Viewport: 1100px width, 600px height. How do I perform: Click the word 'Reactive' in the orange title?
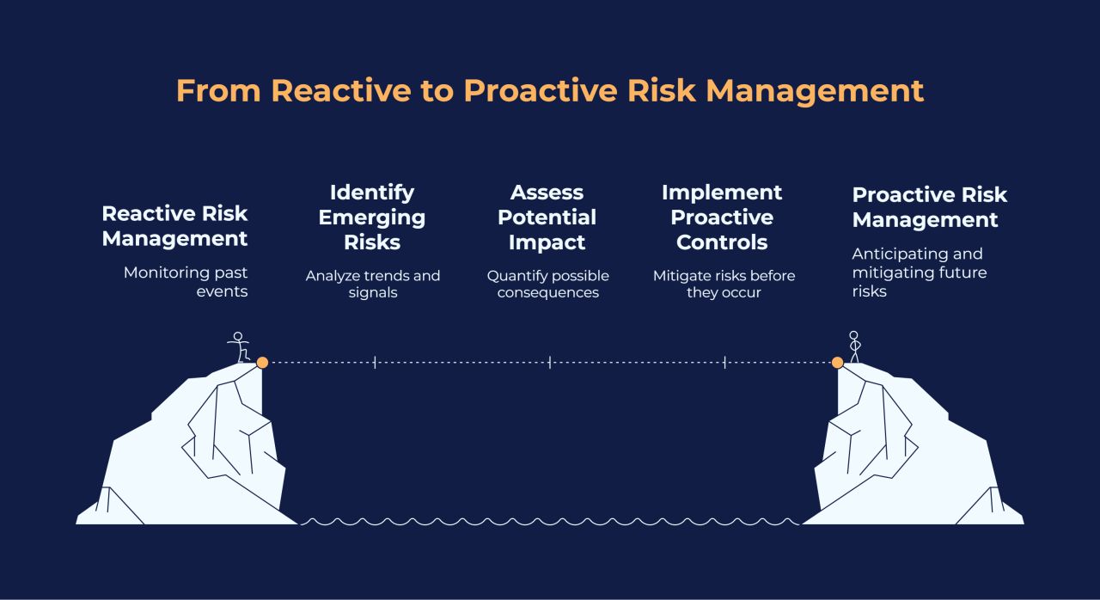(341, 91)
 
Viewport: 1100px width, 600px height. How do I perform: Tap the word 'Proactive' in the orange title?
(541, 91)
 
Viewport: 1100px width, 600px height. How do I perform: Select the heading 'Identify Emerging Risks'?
(372, 217)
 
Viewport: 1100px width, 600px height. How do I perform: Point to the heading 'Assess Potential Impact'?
(547, 217)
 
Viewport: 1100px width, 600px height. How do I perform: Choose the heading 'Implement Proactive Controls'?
(722, 217)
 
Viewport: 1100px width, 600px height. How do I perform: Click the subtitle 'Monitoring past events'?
(186, 282)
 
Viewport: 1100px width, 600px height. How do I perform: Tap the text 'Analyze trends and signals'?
(373, 284)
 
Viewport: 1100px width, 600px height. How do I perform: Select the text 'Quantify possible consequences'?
(548, 284)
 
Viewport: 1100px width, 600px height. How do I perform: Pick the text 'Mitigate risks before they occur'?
(724, 284)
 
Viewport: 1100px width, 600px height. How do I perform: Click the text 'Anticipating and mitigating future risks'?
(920, 272)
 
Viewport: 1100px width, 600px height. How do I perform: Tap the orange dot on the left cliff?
(262, 363)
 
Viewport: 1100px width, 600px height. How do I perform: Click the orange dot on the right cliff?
(837, 363)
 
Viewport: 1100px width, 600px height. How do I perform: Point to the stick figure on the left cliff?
(239, 347)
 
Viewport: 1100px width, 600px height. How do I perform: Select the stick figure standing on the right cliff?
(854, 346)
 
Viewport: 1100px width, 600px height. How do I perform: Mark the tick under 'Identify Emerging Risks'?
(375, 363)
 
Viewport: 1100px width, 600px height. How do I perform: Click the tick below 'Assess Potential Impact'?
(549, 363)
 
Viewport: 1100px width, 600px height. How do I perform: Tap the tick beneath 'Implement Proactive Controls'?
(724, 363)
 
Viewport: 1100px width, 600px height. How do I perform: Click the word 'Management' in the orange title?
(816, 92)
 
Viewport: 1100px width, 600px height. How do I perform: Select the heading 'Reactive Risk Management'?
(174, 226)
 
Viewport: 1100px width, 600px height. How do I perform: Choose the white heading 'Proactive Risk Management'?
(930, 207)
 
